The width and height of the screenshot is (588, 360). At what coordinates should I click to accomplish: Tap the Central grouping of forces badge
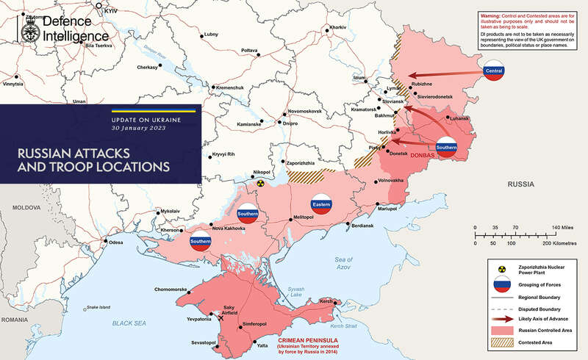[x=494, y=71]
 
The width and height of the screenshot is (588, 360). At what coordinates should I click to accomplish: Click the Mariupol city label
[x=387, y=209]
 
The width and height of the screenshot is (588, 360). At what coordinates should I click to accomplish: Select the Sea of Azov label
[x=344, y=264]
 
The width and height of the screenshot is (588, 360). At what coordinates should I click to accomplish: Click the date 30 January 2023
[x=138, y=128]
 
